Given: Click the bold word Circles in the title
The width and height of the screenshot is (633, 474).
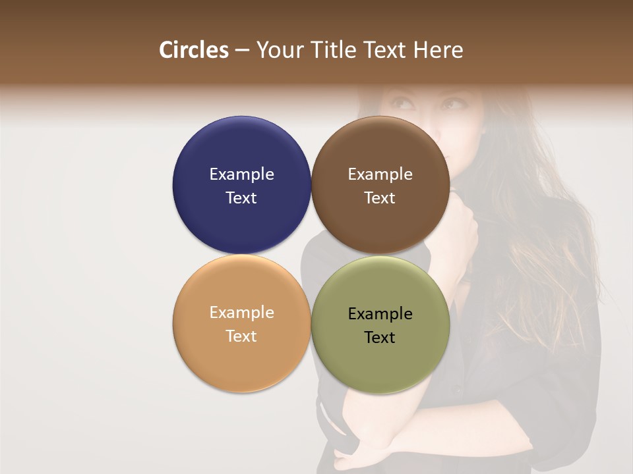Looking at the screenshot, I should [194, 50].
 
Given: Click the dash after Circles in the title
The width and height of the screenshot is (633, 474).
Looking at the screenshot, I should [242, 51].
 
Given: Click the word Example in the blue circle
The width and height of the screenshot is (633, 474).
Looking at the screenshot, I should [241, 174].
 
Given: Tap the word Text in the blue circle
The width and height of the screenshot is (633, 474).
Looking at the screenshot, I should [241, 198].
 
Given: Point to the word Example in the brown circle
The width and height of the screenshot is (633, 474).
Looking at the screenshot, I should [380, 174].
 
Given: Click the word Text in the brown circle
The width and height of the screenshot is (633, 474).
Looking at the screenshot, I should [380, 198].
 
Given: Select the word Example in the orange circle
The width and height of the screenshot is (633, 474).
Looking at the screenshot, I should [241, 313].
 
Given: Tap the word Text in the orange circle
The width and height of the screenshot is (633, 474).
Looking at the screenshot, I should [241, 336].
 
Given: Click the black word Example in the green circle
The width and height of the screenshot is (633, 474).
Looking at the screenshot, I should [380, 314].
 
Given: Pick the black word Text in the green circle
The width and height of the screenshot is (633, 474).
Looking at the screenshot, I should [380, 338].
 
